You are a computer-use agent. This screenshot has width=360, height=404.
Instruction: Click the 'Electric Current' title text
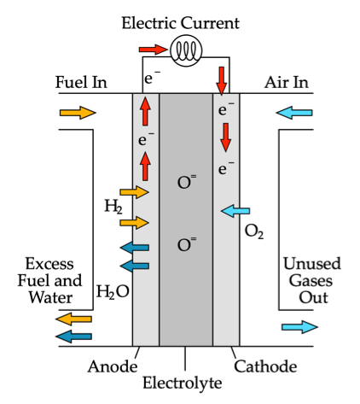click(x=180, y=23)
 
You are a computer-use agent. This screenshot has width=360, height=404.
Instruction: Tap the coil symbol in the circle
click(x=186, y=50)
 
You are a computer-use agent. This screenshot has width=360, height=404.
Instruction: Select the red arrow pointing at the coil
click(x=153, y=50)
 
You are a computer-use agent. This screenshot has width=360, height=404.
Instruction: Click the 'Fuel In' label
click(x=81, y=82)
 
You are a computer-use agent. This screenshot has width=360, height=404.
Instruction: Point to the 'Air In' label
click(x=287, y=82)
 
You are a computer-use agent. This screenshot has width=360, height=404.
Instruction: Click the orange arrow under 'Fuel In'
click(x=78, y=113)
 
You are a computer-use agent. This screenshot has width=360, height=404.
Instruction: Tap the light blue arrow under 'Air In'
click(x=294, y=113)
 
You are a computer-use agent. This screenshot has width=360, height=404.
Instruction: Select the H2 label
click(x=113, y=207)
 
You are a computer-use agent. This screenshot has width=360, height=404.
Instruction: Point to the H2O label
click(x=113, y=291)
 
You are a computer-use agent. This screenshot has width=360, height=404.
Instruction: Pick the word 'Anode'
click(x=113, y=366)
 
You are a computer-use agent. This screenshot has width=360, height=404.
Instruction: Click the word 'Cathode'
click(x=265, y=366)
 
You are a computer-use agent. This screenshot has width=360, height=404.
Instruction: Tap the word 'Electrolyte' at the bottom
click(x=183, y=383)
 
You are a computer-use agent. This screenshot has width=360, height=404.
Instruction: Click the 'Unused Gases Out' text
click(x=312, y=280)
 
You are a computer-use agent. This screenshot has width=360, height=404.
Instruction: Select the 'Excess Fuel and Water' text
click(x=49, y=280)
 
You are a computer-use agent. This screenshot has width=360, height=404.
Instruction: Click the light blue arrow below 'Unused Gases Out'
click(x=299, y=327)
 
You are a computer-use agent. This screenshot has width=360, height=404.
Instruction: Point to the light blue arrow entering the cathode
click(x=235, y=211)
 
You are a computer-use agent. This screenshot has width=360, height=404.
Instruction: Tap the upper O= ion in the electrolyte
click(x=187, y=182)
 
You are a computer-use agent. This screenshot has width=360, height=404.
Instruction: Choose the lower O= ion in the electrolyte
click(x=187, y=244)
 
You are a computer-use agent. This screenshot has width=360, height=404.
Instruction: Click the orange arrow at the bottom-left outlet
click(x=73, y=319)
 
